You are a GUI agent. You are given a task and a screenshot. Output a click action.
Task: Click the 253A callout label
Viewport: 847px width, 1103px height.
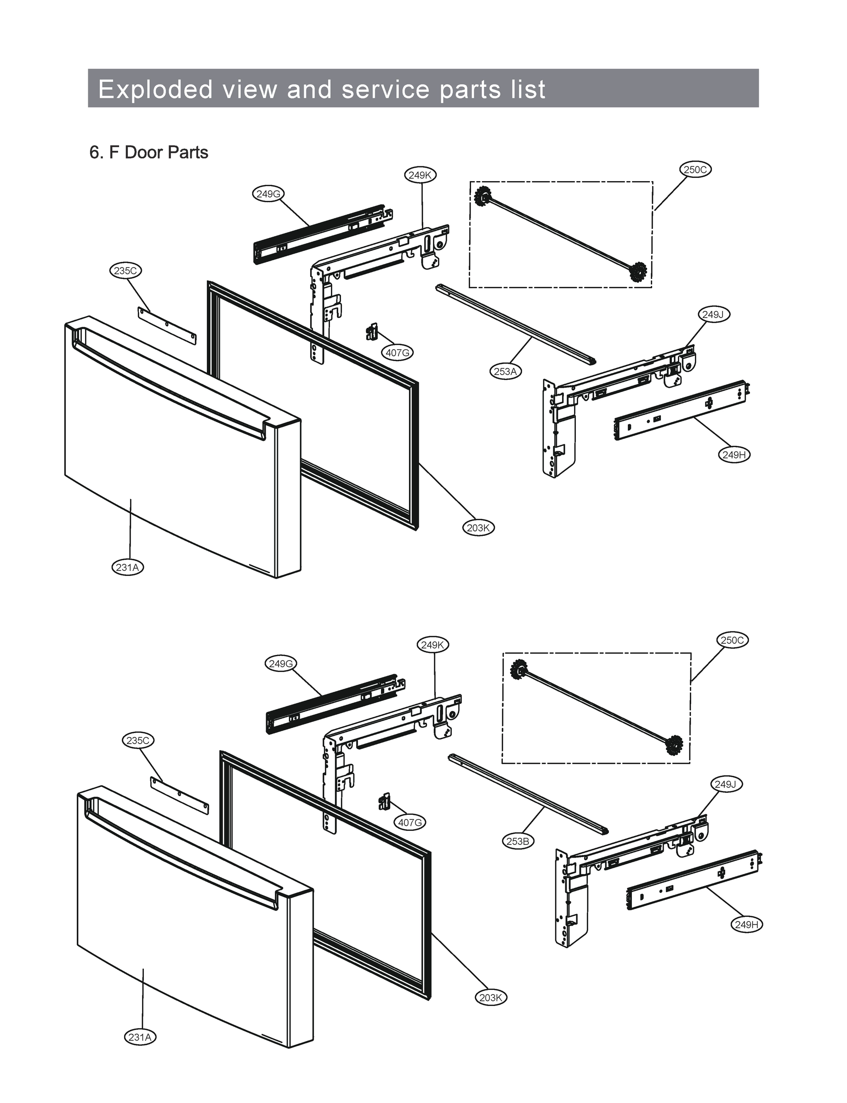click(x=505, y=371)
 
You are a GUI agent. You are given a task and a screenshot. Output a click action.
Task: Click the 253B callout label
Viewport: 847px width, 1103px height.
click(x=518, y=841)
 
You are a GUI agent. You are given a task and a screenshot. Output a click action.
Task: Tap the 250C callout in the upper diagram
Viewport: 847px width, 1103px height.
click(x=695, y=170)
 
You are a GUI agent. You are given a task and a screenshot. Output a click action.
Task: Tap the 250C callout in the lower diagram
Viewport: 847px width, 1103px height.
click(x=733, y=640)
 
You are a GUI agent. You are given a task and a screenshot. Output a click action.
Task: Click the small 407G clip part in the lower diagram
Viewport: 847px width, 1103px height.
click(x=385, y=801)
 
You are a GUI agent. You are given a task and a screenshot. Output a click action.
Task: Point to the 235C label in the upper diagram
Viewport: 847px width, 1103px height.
click(x=125, y=271)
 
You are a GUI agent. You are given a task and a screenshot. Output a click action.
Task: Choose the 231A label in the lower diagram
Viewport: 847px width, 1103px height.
click(x=140, y=1037)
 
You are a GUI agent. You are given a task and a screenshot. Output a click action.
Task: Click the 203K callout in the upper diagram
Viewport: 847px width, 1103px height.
click(x=478, y=528)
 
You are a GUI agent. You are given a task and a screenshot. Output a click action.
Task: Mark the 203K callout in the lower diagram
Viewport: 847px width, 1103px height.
click(x=490, y=997)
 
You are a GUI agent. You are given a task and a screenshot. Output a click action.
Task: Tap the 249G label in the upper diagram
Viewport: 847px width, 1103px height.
click(x=268, y=193)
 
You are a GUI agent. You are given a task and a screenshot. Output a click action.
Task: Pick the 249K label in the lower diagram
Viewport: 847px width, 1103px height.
click(x=432, y=645)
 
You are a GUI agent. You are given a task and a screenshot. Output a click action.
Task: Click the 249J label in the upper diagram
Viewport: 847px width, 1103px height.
click(x=713, y=314)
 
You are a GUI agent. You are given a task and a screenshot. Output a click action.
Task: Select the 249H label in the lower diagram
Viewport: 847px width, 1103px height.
click(x=747, y=924)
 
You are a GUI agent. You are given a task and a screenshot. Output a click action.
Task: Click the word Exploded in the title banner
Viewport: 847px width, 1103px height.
click(x=155, y=89)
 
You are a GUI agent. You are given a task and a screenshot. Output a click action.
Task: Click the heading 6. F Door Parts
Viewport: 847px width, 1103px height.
click(x=149, y=152)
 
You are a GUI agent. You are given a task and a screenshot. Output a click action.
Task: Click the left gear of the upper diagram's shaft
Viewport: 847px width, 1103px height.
click(x=483, y=194)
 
